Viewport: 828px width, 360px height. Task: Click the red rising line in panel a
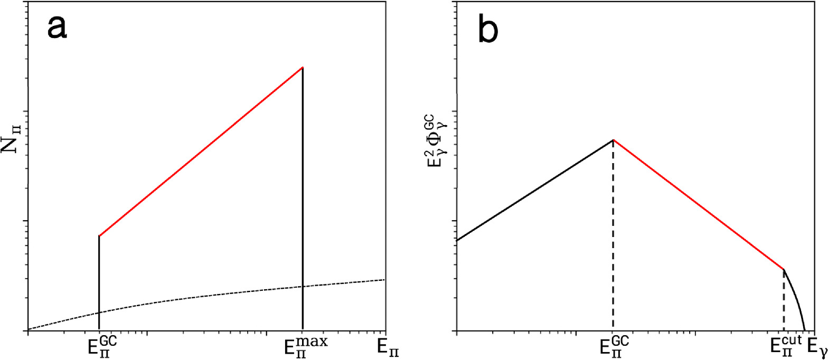point(201,151)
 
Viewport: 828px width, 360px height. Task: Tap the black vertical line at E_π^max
point(303,211)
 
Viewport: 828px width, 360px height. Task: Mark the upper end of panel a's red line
point(302,68)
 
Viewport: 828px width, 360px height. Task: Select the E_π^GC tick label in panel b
point(614,346)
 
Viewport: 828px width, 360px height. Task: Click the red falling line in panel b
point(697,204)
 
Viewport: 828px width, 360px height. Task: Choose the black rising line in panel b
point(533,191)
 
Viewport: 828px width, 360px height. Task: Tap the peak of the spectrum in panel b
point(613,140)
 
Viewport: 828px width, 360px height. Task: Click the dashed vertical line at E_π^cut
point(784,301)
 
